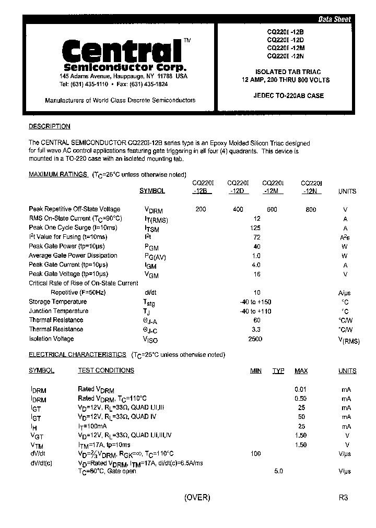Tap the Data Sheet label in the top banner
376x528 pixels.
(x=334, y=19)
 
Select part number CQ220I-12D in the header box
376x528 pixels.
(x=285, y=39)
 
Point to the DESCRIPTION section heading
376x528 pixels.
(x=49, y=126)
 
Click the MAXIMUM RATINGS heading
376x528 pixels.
(x=57, y=174)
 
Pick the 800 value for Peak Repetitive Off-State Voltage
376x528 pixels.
(x=311, y=209)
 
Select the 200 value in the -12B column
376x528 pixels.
(x=201, y=209)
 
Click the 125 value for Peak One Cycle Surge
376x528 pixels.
(x=255, y=228)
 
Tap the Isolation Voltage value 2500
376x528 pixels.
(x=255, y=339)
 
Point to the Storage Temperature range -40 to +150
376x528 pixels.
(x=255, y=302)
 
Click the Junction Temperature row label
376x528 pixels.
(x=58, y=311)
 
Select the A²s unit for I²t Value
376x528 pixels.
(x=345, y=237)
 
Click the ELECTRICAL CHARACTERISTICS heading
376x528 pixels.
(x=77, y=354)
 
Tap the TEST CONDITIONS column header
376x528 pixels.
(x=106, y=370)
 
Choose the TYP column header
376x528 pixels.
(x=278, y=371)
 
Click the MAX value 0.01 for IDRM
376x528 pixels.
(x=300, y=389)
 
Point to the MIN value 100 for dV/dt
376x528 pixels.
(x=255, y=453)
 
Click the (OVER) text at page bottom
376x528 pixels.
(x=197, y=497)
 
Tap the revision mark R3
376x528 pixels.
(x=343, y=497)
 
